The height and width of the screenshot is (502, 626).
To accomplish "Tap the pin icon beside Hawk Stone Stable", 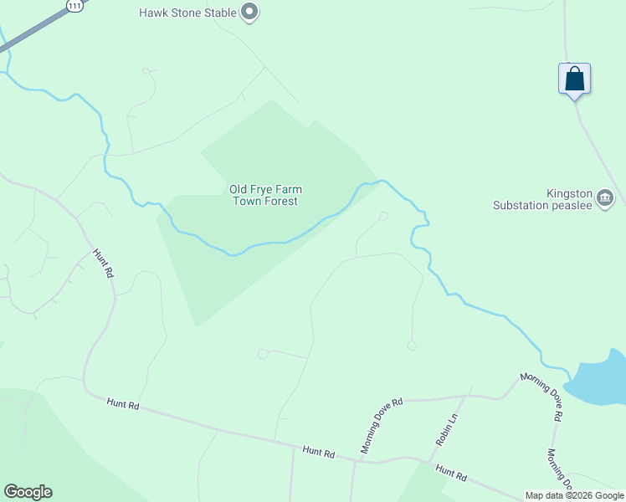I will click(x=249, y=13).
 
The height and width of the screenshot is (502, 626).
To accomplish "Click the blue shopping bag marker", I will click(x=574, y=79).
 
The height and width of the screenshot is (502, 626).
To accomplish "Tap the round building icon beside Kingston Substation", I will click(x=606, y=198).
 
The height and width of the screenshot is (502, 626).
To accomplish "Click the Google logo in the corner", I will click(x=28, y=492).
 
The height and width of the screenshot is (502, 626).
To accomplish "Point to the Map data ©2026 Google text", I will click(x=575, y=495).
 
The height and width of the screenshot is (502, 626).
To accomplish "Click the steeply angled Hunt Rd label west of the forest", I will click(x=103, y=264).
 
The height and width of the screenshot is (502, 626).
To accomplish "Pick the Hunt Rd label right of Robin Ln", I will click(x=451, y=473).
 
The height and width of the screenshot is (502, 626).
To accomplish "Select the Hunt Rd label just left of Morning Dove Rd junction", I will click(x=319, y=452).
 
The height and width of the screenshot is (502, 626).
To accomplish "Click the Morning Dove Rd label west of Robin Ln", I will click(x=381, y=426).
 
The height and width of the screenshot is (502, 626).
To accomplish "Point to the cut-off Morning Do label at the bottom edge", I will click(x=559, y=469).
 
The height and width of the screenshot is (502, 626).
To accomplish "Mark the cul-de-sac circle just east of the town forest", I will click(x=383, y=216).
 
